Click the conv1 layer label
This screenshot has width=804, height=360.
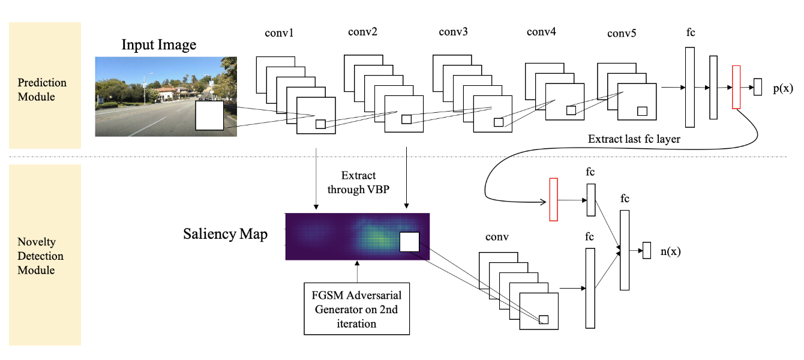[278, 34]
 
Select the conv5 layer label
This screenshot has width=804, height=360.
[622, 34]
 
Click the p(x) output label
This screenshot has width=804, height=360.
[782, 88]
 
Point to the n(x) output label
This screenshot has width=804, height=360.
[671, 252]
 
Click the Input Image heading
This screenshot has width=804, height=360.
[159, 45]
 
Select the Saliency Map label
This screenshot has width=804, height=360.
[225, 234]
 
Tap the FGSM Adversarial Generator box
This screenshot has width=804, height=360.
[357, 308]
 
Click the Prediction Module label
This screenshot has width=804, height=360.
[42, 89]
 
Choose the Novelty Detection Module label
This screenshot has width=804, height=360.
[41, 256]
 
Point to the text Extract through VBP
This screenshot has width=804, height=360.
[358, 182]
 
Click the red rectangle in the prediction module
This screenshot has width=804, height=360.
[736, 88]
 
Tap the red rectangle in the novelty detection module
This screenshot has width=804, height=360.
[553, 200]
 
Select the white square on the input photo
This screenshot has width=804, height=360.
[209, 116]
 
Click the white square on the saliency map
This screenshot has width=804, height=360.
[409, 242]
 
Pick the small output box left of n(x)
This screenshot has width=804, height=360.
[646, 250]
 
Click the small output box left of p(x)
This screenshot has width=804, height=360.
[758, 87]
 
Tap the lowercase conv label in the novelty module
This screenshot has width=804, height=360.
[497, 237]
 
